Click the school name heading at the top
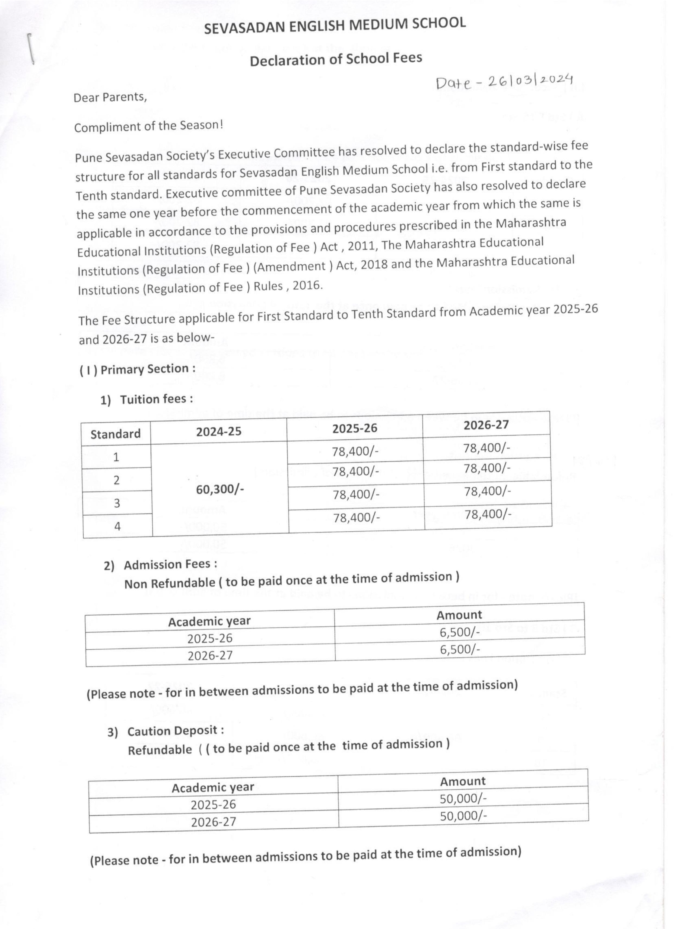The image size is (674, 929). (335, 26)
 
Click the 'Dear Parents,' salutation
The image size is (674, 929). (110, 97)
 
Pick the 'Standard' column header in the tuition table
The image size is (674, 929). (116, 434)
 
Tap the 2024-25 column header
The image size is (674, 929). (218, 431)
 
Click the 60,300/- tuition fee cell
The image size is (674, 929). (220, 489)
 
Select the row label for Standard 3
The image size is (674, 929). (117, 503)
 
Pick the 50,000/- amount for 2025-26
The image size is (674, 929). (463, 798)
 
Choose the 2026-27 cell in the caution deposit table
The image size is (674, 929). (214, 822)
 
